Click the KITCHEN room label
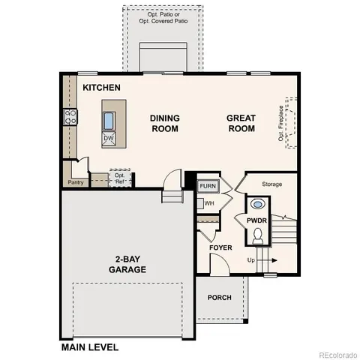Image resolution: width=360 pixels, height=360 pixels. pos(101,88)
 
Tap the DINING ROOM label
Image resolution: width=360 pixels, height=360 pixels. pos(164,123)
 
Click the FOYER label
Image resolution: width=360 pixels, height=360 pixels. pos(221,247)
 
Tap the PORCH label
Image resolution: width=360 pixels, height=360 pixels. pos(220,298)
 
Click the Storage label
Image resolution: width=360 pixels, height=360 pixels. pos(271,184)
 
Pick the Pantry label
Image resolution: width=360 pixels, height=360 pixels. pos(76,182)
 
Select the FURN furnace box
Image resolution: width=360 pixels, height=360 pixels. pos(208,186)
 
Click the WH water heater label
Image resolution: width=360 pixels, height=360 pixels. pos(209,202)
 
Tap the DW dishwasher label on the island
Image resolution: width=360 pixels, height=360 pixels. pos(109,139)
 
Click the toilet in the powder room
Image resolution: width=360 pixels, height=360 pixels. pos(259,235)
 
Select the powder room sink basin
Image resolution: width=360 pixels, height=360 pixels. pos(259,203)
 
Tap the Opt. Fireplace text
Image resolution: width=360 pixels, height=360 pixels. pos(283,123)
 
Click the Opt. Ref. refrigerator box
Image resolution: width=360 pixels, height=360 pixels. pos(119,178)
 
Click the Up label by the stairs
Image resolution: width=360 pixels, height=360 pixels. pos(251,260)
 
